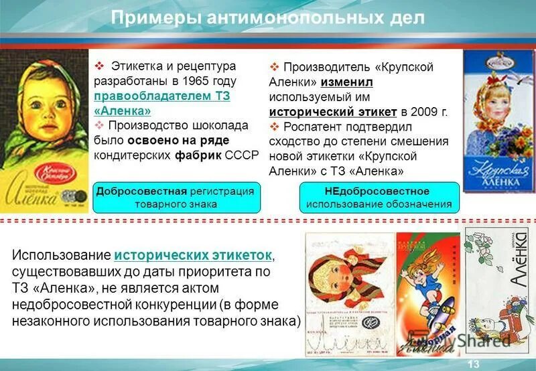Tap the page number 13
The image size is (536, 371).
click(473, 363)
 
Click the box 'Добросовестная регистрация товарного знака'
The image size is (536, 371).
click(176, 197)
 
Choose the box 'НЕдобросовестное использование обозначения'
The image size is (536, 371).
click(379, 197)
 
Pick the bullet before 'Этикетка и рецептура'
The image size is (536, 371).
click(99, 66)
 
